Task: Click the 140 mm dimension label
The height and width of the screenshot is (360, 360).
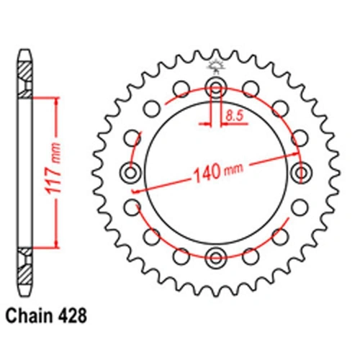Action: [218, 172]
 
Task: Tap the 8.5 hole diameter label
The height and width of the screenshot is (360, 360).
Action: [235, 117]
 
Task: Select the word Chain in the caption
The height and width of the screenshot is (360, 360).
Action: [29, 315]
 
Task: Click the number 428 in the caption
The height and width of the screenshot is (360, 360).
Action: [71, 315]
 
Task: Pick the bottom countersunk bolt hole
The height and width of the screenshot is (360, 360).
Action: [216, 258]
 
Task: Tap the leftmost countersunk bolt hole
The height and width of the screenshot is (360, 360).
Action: [131, 173]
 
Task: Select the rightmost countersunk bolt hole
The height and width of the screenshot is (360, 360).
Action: [301, 173]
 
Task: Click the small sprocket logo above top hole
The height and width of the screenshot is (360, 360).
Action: [216, 66]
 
